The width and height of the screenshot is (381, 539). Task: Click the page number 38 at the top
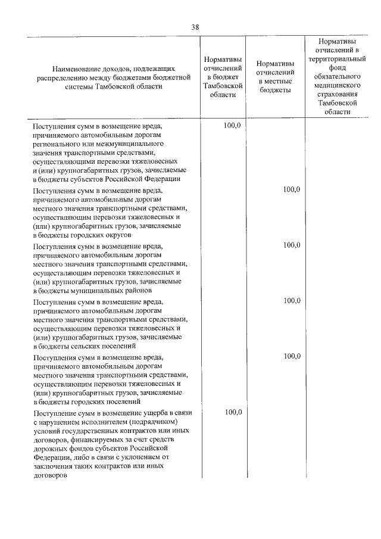[195, 27]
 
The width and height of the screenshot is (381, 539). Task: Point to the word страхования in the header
[337, 94]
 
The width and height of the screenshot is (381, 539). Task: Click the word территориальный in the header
[337, 60]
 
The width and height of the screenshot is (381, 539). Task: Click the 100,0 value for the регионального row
[233, 127]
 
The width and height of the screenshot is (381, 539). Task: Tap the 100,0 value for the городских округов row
[292, 189]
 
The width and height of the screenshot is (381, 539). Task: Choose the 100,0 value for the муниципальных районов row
[292, 245]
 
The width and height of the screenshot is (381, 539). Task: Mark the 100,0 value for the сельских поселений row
[292, 301]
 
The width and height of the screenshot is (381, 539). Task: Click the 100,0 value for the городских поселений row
[292, 356]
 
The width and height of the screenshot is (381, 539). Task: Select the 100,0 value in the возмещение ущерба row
[233, 412]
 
